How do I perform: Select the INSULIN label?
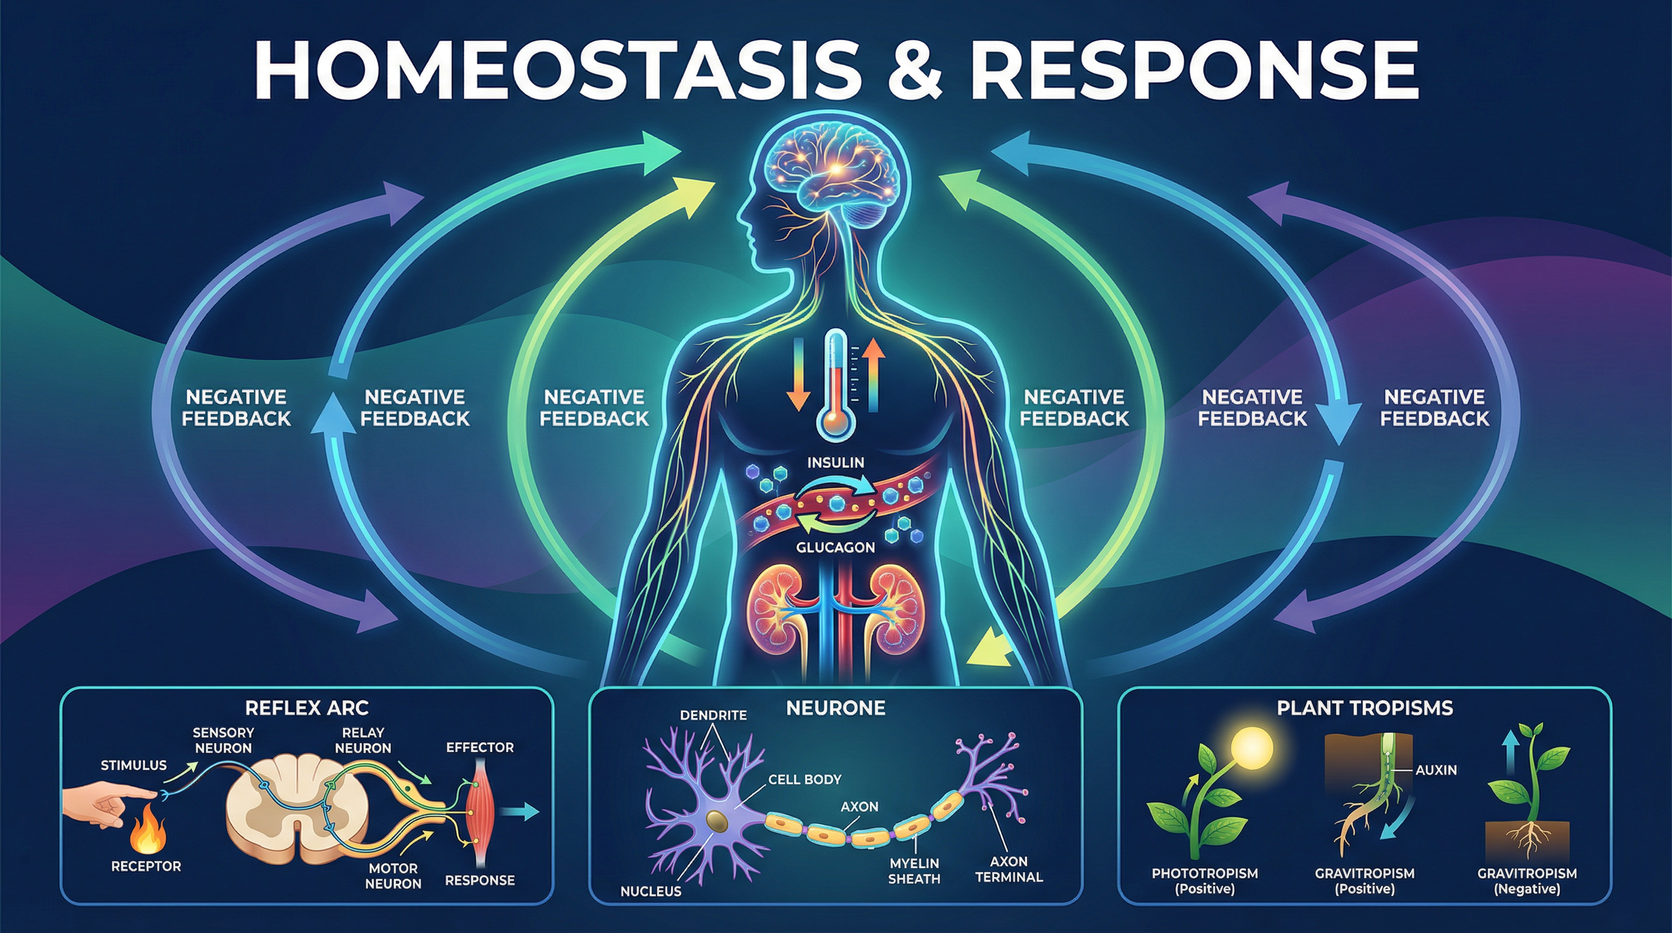pyautogui.click(x=835, y=463)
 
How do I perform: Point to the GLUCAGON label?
pyautogui.click(x=835, y=547)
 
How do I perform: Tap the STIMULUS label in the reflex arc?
pyautogui.click(x=134, y=765)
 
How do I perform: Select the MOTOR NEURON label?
pyautogui.click(x=393, y=875)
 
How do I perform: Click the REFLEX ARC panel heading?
pyautogui.click(x=307, y=707)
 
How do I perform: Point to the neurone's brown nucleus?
pyautogui.click(x=716, y=819)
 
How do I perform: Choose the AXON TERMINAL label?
pyautogui.click(x=1009, y=869)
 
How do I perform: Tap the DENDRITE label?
pyautogui.click(x=713, y=715)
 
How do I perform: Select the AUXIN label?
pyautogui.click(x=1436, y=770)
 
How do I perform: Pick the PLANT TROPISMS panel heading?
pyautogui.click(x=1365, y=707)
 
